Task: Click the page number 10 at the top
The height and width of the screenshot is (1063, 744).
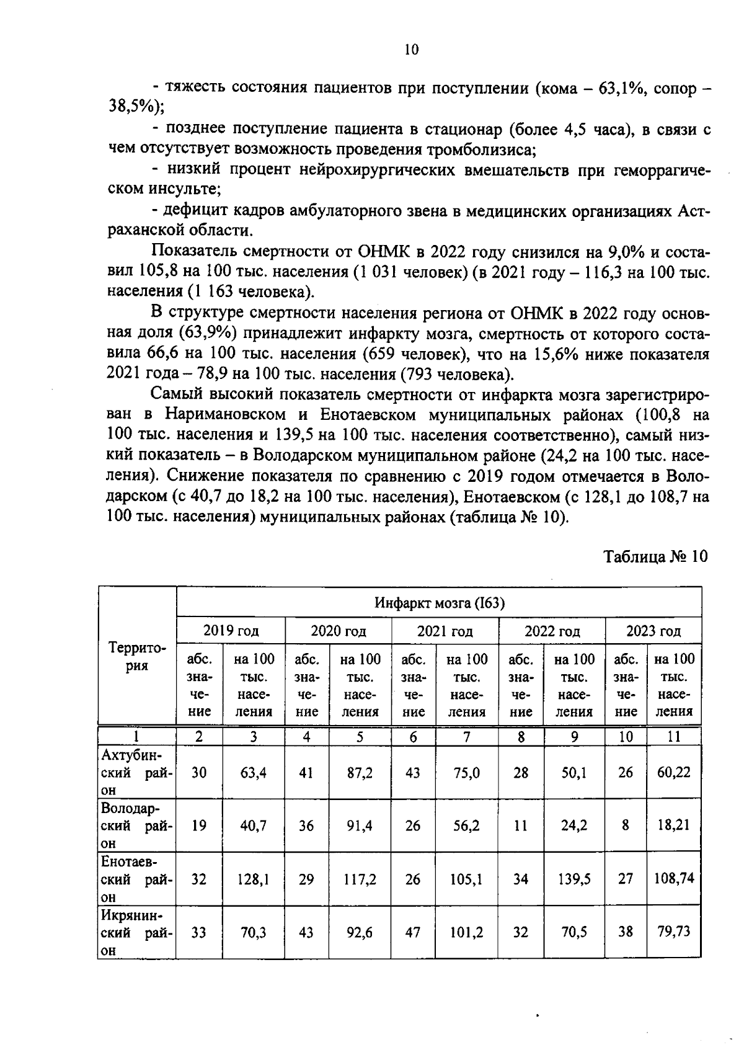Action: (412, 50)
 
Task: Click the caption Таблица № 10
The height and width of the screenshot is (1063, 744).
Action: (655, 556)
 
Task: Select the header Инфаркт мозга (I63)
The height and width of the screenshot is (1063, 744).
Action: (439, 603)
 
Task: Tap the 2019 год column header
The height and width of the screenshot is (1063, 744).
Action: (231, 631)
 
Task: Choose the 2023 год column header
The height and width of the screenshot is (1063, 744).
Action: (653, 631)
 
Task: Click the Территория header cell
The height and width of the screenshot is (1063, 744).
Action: (137, 657)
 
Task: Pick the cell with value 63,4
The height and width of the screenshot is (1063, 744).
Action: (253, 773)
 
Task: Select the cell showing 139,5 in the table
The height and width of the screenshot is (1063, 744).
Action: (574, 879)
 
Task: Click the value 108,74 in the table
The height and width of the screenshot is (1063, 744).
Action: (674, 878)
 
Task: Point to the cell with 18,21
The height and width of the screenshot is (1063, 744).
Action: (673, 825)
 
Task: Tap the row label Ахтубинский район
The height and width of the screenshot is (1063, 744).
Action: (137, 773)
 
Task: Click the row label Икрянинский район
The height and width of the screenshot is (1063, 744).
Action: (137, 932)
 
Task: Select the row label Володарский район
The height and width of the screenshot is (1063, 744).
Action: (137, 826)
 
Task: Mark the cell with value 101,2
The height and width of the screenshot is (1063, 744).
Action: (467, 932)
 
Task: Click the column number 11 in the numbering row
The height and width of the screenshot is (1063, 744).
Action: (673, 737)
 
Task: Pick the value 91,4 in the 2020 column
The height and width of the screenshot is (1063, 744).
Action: (360, 826)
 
